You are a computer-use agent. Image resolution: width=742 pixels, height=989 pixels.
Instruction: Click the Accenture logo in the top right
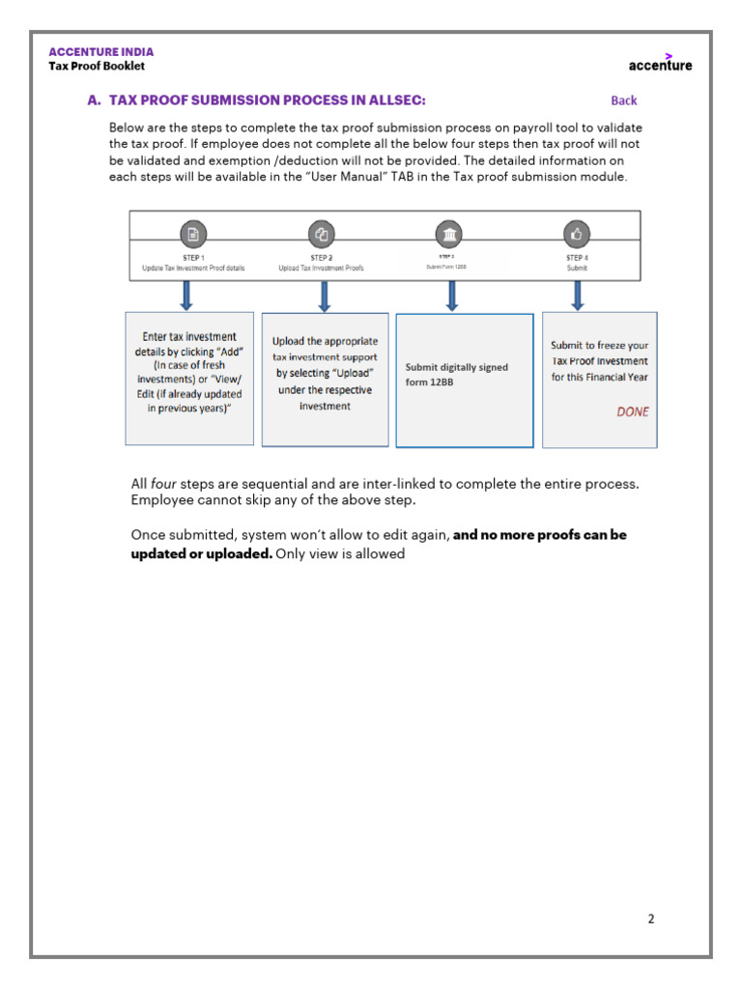660,64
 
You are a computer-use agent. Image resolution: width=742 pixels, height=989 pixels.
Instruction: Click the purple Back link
624,100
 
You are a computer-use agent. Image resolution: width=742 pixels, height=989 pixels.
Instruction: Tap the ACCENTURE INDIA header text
101,52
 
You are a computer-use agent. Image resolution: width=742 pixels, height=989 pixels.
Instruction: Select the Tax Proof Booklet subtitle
97,67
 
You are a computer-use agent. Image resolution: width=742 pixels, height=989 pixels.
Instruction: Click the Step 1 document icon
193,234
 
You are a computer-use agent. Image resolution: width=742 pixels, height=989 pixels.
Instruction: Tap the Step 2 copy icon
321,234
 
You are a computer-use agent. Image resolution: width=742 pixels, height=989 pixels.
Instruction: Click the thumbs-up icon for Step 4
577,234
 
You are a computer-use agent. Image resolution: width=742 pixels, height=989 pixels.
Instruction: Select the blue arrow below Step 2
325,295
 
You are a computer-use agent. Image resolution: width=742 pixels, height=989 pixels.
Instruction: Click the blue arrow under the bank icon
451,295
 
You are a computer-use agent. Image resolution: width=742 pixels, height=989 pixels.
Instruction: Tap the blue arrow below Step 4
577,295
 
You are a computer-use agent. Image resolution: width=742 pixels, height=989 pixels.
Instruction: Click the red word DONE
633,411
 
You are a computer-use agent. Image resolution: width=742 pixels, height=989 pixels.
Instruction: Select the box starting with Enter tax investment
189,378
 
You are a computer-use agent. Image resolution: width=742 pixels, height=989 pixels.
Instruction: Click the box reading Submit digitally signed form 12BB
464,381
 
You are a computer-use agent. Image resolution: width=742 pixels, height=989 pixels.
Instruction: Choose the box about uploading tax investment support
325,380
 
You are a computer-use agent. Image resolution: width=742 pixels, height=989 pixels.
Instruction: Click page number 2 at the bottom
651,918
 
